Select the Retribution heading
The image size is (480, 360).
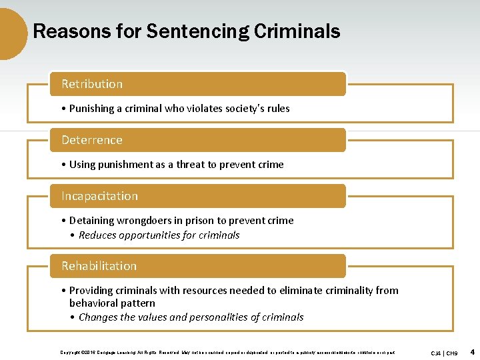(92, 84)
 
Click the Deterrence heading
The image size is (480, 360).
(92, 140)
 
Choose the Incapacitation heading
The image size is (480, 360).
(99, 196)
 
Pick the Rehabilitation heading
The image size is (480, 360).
(99, 266)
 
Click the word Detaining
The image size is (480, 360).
(92, 220)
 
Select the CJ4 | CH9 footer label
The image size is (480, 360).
(444, 352)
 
